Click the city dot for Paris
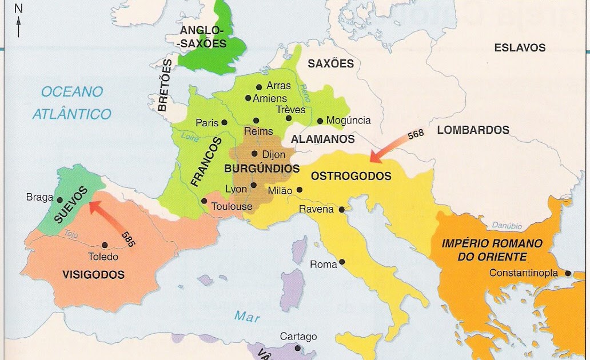coord(225,122)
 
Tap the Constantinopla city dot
coord(568,273)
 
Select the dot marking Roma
coord(342,262)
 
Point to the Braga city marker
coord(59,199)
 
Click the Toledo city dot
coord(105,244)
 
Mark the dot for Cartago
coord(297,347)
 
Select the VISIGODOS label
coord(93,275)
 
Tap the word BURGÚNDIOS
coord(262,169)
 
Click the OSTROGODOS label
coord(351,176)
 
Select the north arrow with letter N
coord(18,20)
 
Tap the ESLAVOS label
coord(520,48)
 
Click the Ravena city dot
coord(341,210)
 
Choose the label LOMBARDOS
coord(473,130)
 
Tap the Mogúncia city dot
coord(320,121)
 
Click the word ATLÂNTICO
coord(71,114)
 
